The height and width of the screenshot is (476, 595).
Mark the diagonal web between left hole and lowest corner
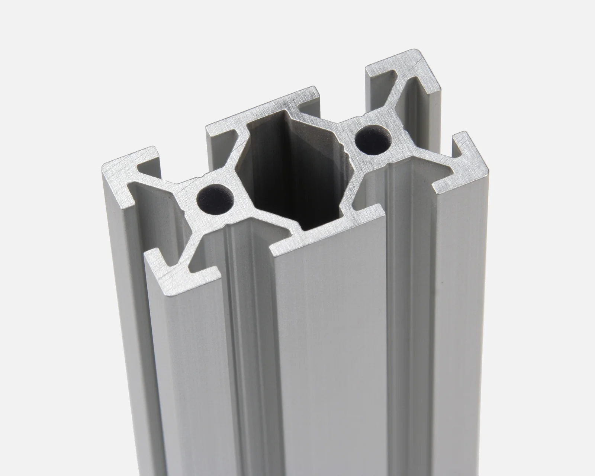click(x=203, y=232)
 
